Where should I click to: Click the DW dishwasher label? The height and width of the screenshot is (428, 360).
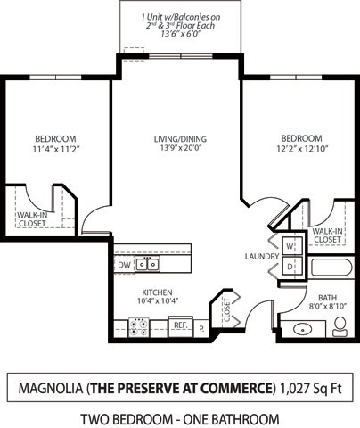point(124,265)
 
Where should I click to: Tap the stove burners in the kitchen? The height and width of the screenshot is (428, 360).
point(139,328)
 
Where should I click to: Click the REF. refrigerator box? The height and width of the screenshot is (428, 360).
point(179,325)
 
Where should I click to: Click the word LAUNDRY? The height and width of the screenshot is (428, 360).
point(262,258)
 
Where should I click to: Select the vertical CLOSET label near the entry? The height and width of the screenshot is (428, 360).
point(227,310)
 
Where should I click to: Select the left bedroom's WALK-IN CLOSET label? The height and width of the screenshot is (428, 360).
point(32,219)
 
